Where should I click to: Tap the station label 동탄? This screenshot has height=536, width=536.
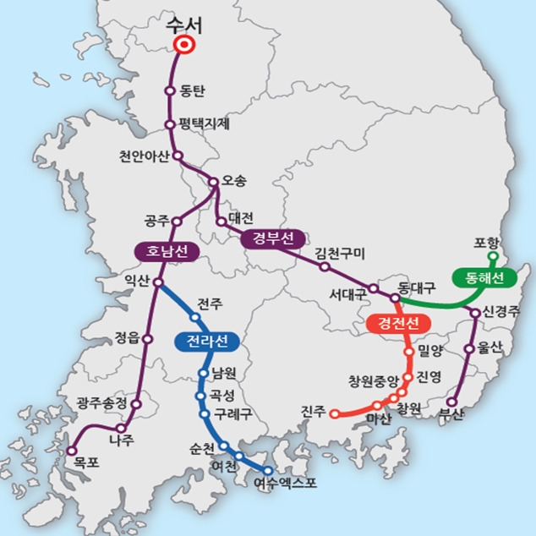[x=194, y=91]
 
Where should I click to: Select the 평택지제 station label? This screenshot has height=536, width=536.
[x=204, y=124]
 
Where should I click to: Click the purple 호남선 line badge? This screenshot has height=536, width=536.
[x=166, y=251]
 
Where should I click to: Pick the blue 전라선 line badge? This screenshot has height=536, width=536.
[x=207, y=342]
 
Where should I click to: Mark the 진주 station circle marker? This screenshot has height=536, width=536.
[x=334, y=414]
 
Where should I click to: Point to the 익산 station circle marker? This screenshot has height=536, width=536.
[x=159, y=283]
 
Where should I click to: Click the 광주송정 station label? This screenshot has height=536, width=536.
[x=101, y=403]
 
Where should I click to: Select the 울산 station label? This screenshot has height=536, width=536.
[x=490, y=347]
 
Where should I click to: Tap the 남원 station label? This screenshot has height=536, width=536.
[x=225, y=372]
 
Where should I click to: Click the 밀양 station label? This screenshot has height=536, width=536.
[x=430, y=350]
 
